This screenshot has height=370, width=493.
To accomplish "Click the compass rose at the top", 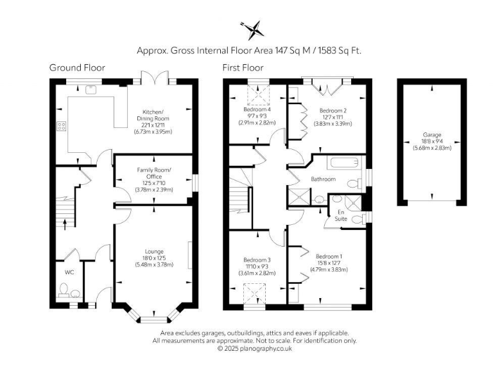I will pos(252,29).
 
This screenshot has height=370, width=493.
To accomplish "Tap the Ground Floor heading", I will pos(77,67).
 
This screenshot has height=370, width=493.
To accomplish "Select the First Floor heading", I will pos(244,67).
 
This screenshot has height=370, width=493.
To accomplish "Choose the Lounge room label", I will pos(153,251).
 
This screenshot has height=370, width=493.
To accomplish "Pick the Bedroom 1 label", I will pos(330,257).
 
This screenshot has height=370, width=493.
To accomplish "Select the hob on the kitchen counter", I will pos(62,126).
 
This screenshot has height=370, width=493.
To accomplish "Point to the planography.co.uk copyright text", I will pos(255,348).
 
